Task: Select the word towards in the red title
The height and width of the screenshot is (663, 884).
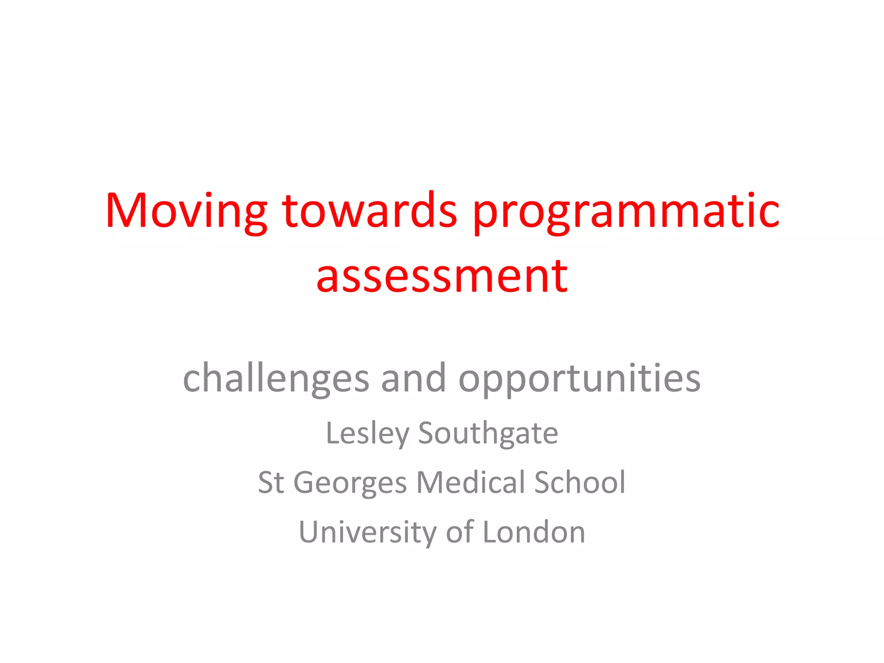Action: [x=369, y=212]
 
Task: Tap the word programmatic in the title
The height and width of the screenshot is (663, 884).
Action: [x=626, y=212]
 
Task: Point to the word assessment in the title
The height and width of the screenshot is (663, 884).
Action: [x=442, y=276]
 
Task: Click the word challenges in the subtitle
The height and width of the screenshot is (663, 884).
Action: [x=276, y=378]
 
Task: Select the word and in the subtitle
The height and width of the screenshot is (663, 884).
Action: [x=414, y=378]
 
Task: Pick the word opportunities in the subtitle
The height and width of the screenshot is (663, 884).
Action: [x=579, y=378]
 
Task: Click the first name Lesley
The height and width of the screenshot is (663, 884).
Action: [x=367, y=433]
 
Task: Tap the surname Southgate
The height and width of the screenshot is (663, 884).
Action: [x=488, y=433]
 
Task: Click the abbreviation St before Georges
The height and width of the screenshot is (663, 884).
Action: [x=271, y=483]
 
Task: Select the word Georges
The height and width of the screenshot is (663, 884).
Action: [x=350, y=483]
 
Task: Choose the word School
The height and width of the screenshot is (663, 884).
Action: [x=580, y=483]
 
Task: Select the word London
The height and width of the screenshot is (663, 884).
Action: [x=534, y=532]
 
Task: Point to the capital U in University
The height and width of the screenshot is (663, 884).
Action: [x=309, y=532]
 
